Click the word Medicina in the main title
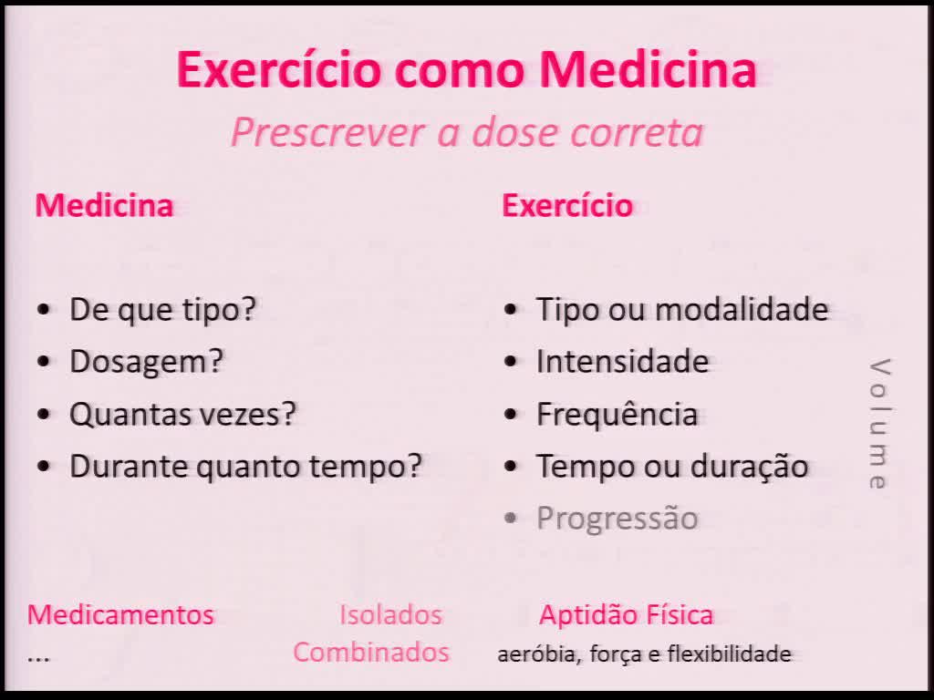tap(648, 69)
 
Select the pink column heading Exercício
tap(567, 205)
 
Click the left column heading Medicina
tap(104, 205)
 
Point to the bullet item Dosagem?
tap(147, 362)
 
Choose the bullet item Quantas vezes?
tap(183, 414)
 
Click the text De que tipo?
tap(163, 310)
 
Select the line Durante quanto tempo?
tap(246, 466)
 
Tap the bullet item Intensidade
tap(622, 362)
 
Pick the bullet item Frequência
tap(617, 414)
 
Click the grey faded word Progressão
tap(617, 519)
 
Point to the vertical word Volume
tap(878, 425)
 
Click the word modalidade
tap(742, 310)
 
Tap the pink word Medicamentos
tap(120, 614)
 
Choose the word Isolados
tap(390, 614)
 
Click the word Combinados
tap(371, 653)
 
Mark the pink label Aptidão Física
tap(626, 614)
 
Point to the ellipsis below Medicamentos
tap(38, 656)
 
